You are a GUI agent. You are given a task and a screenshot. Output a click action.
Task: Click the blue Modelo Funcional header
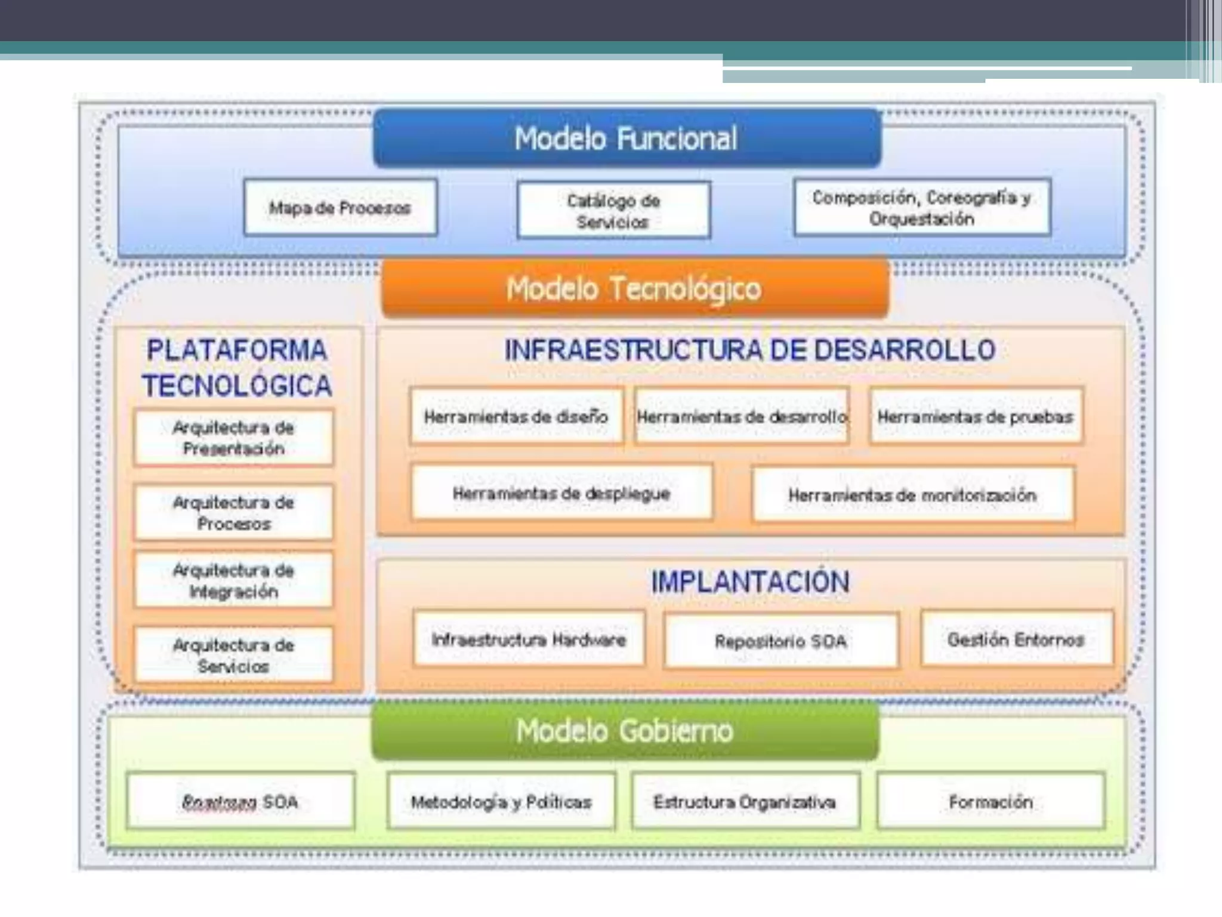tap(627, 138)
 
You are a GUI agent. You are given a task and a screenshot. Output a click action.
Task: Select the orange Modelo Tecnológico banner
tap(634, 288)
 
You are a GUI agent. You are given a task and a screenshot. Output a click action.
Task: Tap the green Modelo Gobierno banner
tap(625, 731)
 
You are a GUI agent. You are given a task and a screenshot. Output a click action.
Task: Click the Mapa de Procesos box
tap(340, 208)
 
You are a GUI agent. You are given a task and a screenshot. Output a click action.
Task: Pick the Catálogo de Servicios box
tap(613, 211)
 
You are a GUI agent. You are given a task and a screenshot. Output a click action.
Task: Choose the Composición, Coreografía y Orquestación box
tap(922, 208)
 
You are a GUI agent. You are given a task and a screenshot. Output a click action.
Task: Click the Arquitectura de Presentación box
tap(233, 438)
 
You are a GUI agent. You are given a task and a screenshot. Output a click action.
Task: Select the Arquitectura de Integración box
tap(233, 580)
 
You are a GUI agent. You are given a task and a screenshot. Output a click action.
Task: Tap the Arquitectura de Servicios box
tap(233, 655)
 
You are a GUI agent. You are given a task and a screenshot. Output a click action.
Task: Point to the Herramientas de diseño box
tap(516, 416)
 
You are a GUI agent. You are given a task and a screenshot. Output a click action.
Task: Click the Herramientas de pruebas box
tap(976, 416)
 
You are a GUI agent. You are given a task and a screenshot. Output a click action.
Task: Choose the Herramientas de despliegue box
tap(561, 493)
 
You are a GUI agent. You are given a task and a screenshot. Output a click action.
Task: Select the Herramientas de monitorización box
tap(912, 495)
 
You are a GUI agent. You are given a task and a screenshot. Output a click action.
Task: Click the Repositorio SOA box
tap(780, 641)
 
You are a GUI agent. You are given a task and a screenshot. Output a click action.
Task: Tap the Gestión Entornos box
tap(1016, 639)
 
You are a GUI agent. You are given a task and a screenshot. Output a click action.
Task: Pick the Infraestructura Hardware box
tap(529, 639)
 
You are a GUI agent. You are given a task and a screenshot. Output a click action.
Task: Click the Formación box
tap(990, 801)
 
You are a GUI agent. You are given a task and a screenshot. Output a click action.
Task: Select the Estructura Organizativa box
tap(745, 801)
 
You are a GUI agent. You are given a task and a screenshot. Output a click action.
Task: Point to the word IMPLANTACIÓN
tap(750, 581)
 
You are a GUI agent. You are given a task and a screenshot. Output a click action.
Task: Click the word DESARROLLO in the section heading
tap(905, 350)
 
